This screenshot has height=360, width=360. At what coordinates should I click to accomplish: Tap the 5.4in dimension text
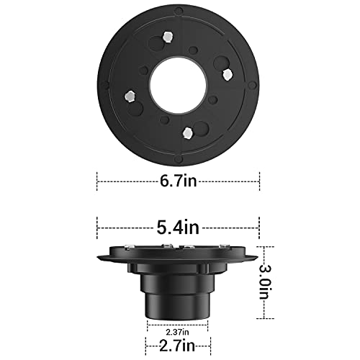coord(179,228)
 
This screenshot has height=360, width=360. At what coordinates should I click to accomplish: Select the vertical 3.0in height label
coord(274,284)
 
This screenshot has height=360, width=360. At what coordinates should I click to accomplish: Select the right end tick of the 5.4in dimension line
coord(260,228)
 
